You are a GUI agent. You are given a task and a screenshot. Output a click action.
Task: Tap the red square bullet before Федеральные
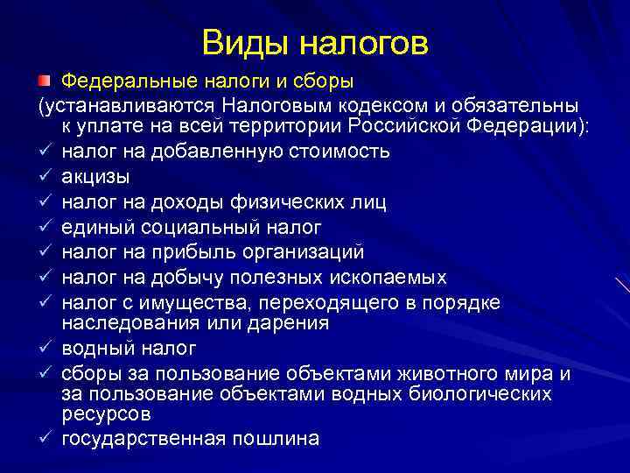[44, 81]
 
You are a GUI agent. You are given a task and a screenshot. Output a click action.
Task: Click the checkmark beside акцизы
[44, 177]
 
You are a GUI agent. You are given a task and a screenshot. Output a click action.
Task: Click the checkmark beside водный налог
[44, 349]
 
